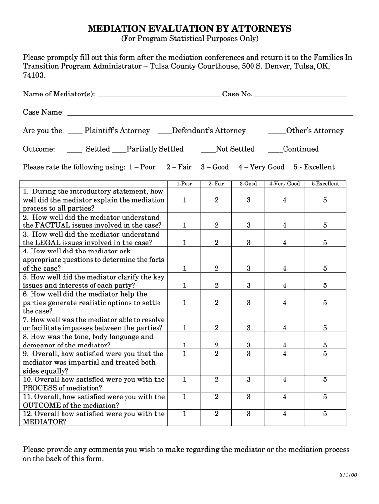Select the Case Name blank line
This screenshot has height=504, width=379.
[x=210, y=114]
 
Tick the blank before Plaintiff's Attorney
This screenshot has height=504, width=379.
[x=75, y=133]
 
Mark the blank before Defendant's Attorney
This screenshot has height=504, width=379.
[x=164, y=133]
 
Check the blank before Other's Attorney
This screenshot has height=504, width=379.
[x=277, y=133]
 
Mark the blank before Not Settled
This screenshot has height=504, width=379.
[x=208, y=151]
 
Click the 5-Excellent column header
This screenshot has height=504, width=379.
[x=325, y=184]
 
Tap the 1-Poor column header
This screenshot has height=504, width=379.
[x=184, y=184]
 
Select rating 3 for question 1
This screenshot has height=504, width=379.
[x=249, y=200]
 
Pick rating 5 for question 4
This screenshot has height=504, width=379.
[x=325, y=268]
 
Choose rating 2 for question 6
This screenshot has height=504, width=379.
[x=216, y=303]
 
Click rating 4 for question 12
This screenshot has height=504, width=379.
[x=284, y=414]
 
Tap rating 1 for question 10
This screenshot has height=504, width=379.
[x=184, y=379]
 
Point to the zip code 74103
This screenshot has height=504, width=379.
[x=34, y=75]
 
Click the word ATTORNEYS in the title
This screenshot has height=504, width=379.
[x=262, y=29]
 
